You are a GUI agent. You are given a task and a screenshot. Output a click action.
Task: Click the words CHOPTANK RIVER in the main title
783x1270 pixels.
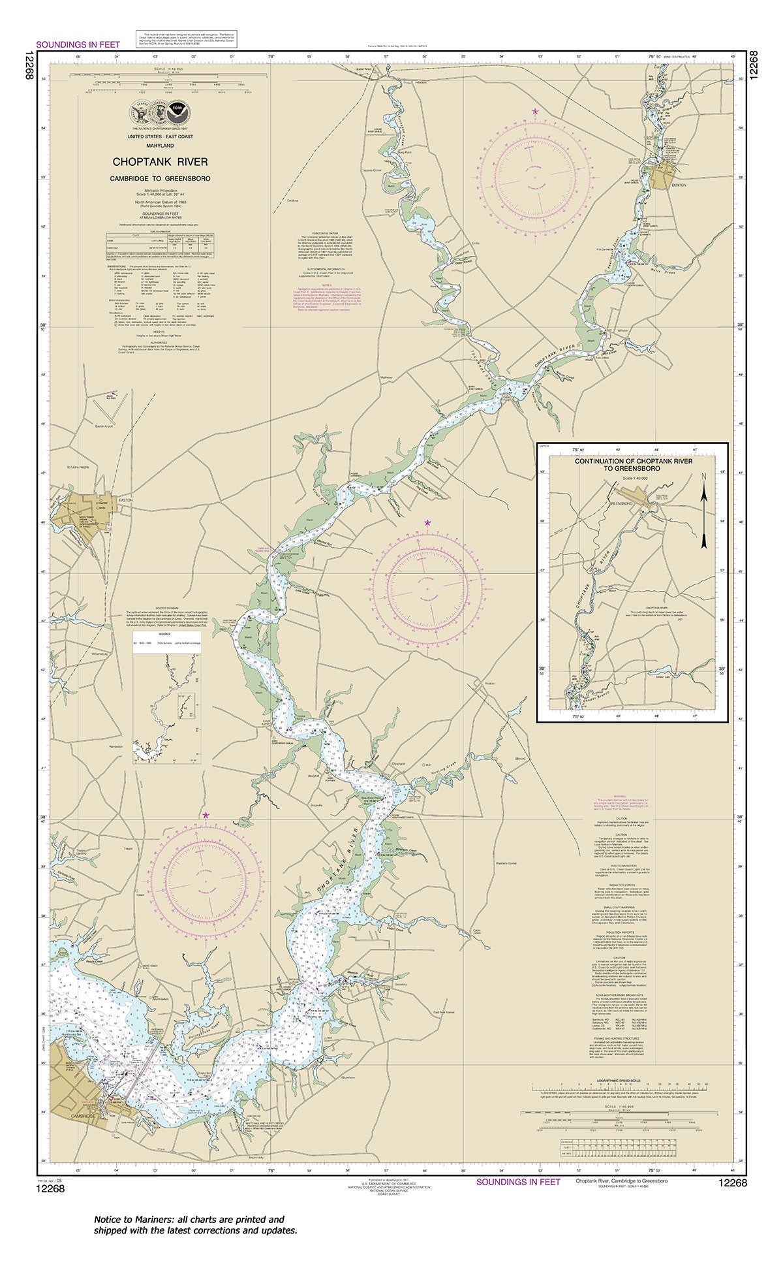[x=161, y=162]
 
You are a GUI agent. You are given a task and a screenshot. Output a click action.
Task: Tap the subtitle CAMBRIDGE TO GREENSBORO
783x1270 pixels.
[x=161, y=178]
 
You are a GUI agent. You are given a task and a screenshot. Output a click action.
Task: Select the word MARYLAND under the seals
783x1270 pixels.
[x=161, y=145]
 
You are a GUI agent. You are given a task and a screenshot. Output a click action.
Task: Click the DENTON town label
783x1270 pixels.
[x=679, y=185]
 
